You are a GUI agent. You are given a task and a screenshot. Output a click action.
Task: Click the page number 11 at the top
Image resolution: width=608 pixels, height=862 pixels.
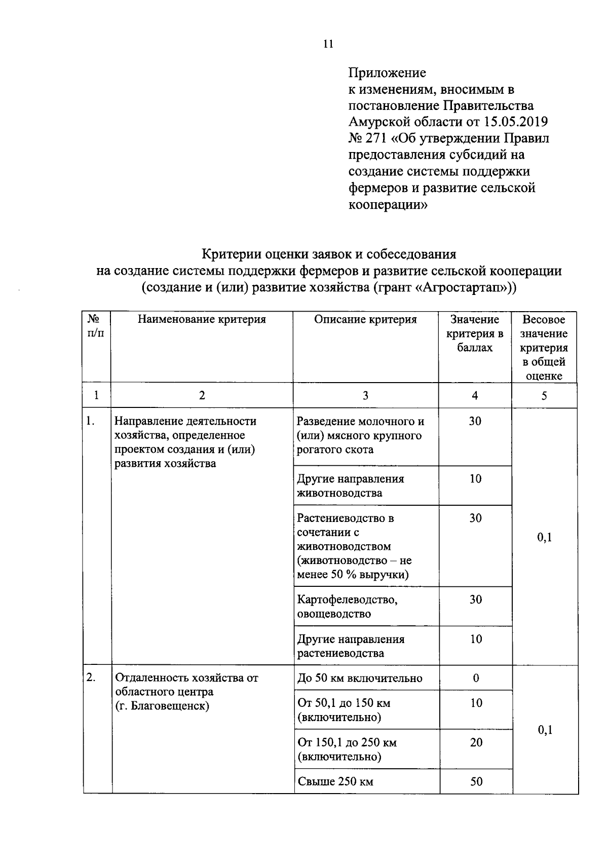pyautogui.click(x=328, y=44)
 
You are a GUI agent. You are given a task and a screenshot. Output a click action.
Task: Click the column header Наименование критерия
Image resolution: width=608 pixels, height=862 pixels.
pyautogui.click(x=202, y=320)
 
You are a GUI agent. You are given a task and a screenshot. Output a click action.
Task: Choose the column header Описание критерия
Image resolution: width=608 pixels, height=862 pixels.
pyautogui.click(x=365, y=320)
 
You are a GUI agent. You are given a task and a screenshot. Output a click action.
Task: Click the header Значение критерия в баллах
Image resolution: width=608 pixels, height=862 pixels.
pyautogui.click(x=475, y=333)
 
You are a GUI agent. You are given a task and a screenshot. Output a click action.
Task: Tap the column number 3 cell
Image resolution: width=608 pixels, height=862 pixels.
pyautogui.click(x=365, y=396)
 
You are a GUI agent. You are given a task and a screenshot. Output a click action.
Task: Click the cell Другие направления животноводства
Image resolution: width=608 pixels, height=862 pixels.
pyautogui.click(x=351, y=486)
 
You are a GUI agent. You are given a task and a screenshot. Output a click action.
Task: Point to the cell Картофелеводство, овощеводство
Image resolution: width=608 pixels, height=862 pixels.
pyautogui.click(x=347, y=607)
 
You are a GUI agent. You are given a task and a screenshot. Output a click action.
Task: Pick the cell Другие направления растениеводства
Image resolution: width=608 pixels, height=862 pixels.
pyautogui.click(x=351, y=646)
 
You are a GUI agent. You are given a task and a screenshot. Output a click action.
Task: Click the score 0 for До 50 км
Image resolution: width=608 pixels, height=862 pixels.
pyautogui.click(x=476, y=678)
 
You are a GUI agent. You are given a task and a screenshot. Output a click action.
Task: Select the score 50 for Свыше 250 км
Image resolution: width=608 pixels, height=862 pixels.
pyautogui.click(x=476, y=781)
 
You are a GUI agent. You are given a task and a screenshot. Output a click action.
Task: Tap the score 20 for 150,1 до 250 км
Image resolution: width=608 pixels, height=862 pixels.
pyautogui.click(x=476, y=742)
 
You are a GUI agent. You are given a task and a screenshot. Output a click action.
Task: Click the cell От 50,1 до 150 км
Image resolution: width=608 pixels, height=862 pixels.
pyautogui.click(x=344, y=710)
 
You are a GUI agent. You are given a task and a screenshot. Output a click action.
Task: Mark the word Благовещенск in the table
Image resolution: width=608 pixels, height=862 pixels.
pyautogui.click(x=170, y=706)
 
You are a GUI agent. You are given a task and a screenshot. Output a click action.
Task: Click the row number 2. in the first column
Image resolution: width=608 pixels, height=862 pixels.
pyautogui.click(x=91, y=678)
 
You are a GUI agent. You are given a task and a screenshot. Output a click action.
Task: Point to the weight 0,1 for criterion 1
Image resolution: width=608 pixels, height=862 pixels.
pyautogui.click(x=545, y=537)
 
